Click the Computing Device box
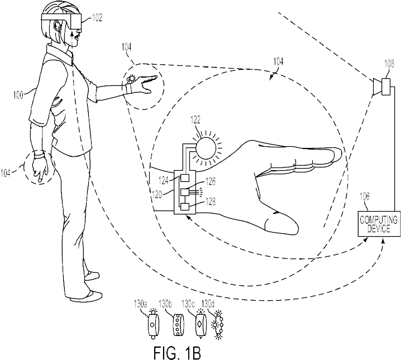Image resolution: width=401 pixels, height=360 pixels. pyautogui.click(x=379, y=224)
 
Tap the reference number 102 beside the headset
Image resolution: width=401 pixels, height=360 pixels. pyautogui.click(x=97, y=17)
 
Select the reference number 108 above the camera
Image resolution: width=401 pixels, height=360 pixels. pyautogui.click(x=389, y=64)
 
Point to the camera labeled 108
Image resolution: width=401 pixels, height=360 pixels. pyautogui.click(x=381, y=87)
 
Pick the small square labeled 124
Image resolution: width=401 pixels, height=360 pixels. pyautogui.click(x=185, y=177)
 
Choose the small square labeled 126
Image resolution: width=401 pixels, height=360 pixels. pyautogui.click(x=185, y=192)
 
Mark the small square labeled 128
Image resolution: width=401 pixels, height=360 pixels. pyautogui.click(x=185, y=207)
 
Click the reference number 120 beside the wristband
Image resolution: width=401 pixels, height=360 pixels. pyautogui.click(x=157, y=194)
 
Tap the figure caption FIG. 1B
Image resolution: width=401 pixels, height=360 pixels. pyautogui.click(x=177, y=353)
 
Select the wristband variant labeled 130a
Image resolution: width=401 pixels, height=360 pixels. pyautogui.click(x=153, y=324)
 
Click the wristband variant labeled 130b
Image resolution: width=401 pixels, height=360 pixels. pyautogui.click(x=178, y=325)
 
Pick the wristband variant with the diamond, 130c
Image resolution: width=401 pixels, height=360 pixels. pyautogui.click(x=200, y=324)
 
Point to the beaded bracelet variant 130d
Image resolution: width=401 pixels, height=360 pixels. pyautogui.click(x=218, y=325)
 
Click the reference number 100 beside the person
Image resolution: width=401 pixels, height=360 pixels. pyautogui.click(x=18, y=95)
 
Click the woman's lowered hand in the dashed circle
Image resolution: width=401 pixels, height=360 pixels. pyautogui.click(x=40, y=167)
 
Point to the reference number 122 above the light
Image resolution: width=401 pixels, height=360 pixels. pyautogui.click(x=195, y=120)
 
